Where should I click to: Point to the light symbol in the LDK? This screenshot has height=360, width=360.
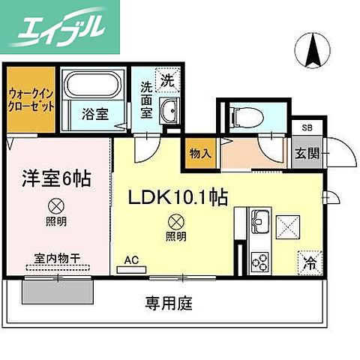(176, 222)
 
